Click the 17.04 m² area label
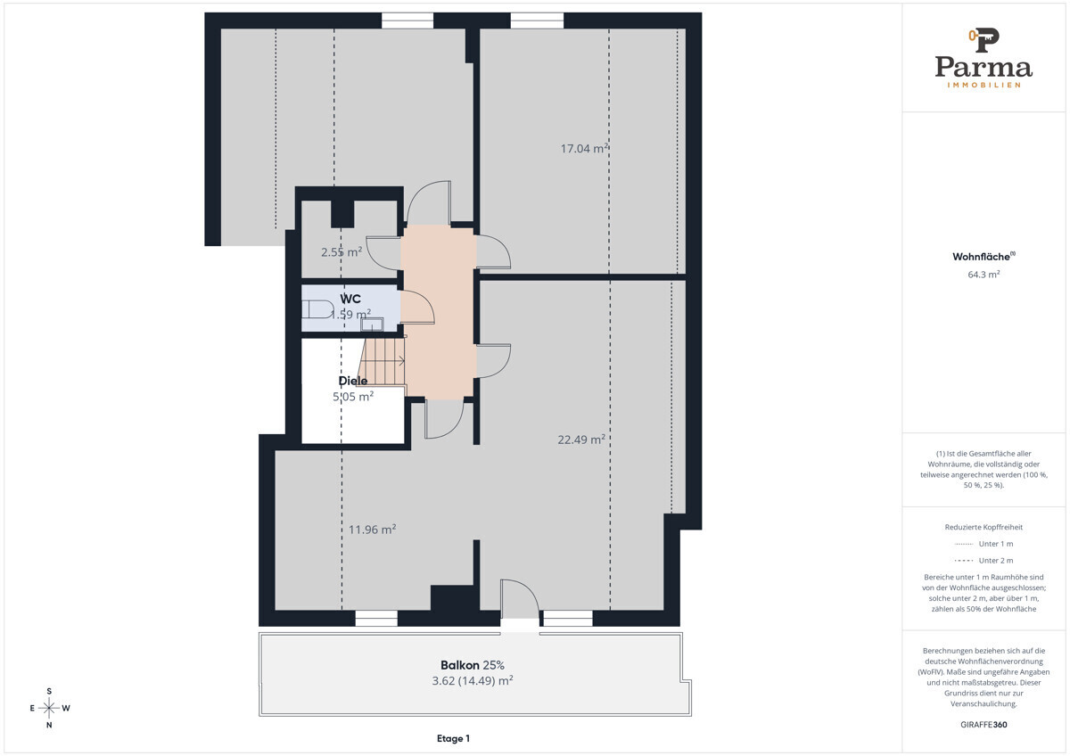(x=584, y=148)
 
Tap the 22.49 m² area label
(x=581, y=440)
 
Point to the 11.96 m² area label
(x=372, y=530)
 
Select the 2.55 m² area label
(x=341, y=251)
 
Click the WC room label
(x=350, y=299)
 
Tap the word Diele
(x=353, y=381)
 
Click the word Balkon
(x=459, y=665)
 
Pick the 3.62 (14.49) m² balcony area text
(x=473, y=680)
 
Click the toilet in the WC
(x=317, y=309)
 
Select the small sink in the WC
(x=372, y=325)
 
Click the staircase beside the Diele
(x=382, y=362)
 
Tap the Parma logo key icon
(x=984, y=39)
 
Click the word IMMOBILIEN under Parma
(x=984, y=85)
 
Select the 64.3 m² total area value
(x=984, y=275)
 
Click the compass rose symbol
(x=49, y=708)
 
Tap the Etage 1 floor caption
(x=453, y=738)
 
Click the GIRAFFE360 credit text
(x=984, y=725)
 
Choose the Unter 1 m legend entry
(x=984, y=544)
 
